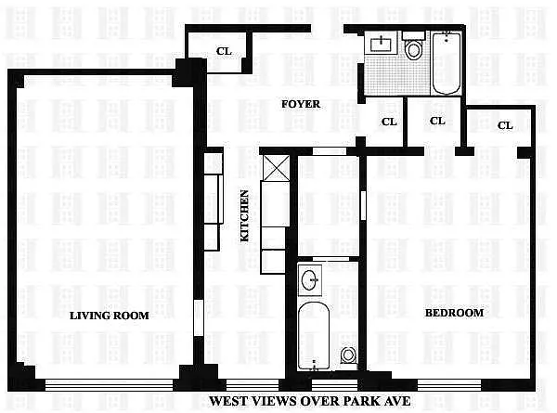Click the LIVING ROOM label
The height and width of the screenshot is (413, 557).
click(109, 316)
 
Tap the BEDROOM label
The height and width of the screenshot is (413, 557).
click(454, 313)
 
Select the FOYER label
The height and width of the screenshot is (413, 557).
click(301, 104)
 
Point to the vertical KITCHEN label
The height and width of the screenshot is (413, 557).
click(245, 215)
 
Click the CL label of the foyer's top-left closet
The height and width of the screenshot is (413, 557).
click(224, 51)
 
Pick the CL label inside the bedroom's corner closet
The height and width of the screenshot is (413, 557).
click(505, 125)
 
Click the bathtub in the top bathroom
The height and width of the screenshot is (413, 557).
click(447, 63)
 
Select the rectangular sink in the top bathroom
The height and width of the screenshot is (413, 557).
click(381, 44)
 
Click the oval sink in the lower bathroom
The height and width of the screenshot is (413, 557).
click(310, 280)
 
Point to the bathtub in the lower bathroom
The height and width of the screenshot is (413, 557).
click(314, 336)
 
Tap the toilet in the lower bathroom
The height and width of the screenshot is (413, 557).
click(348, 355)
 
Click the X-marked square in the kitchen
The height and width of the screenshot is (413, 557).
click(277, 168)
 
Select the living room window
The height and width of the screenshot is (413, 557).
click(109, 385)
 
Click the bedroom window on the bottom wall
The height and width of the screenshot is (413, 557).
click(449, 385)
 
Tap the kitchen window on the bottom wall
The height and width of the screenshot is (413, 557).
click(253, 385)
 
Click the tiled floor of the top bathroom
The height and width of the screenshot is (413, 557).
click(396, 75)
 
